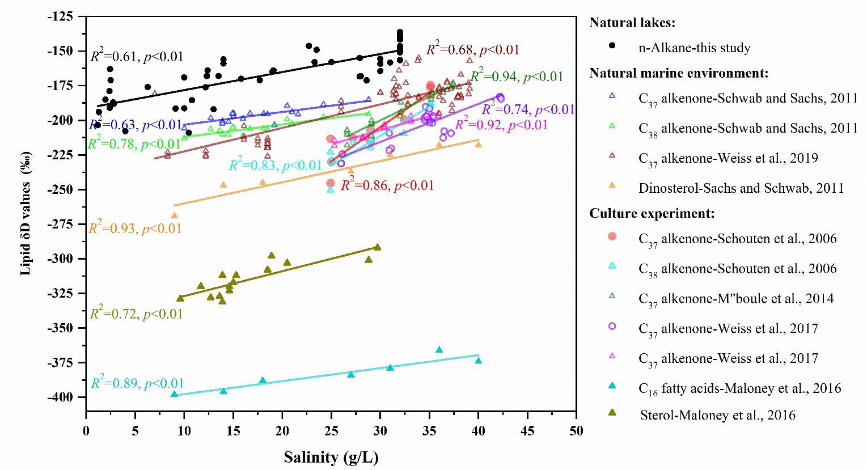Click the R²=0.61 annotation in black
pos(137,56)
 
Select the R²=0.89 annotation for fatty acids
pos(138,383)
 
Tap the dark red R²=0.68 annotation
pos(473,49)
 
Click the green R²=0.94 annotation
pos(517,77)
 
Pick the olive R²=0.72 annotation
pos(137,314)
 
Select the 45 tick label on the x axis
pos(527,431)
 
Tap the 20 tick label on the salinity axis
pos(282,431)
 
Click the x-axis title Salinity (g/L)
pos(331,457)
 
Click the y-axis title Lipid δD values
pos(26,213)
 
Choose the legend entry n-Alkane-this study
pos(694,48)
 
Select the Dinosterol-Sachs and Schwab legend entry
pos(741,188)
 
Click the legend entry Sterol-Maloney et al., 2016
pos(717,415)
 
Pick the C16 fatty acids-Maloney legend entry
pos(739,388)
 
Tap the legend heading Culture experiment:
pos(652,213)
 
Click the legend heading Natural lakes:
pos(632,23)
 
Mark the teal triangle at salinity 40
pos(478,361)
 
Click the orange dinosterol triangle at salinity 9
pos(174,215)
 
